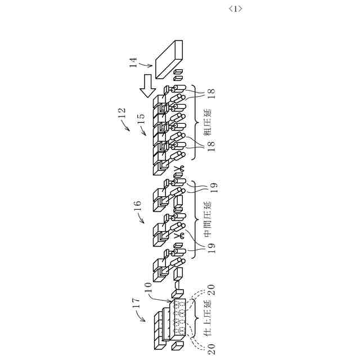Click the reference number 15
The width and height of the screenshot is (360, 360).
141,121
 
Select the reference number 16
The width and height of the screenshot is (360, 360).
138,216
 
